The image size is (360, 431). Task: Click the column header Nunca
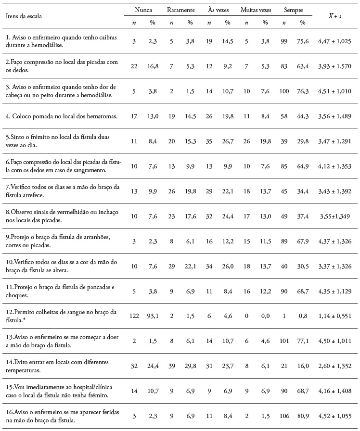pyautogui.click(x=142, y=10)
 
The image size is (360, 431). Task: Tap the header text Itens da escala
pyautogui.click(x=24, y=16)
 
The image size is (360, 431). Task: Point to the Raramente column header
pyautogui.click(x=180, y=10)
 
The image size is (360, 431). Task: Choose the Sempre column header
pyautogui.click(x=293, y=10)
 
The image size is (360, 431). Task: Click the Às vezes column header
pyautogui.click(x=218, y=10)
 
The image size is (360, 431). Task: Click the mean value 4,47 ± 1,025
pyautogui.click(x=334, y=42)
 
